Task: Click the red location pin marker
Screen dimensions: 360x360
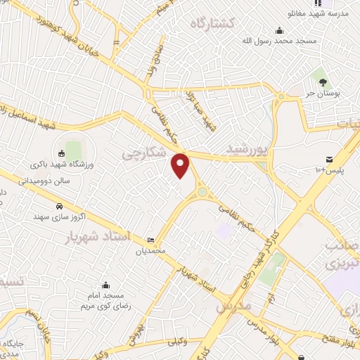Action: [x=181, y=165]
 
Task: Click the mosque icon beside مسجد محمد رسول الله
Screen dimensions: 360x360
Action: [x=280, y=30]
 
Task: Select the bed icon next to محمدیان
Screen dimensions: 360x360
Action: [x=150, y=240]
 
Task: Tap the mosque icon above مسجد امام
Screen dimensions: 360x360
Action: [x=105, y=285]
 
